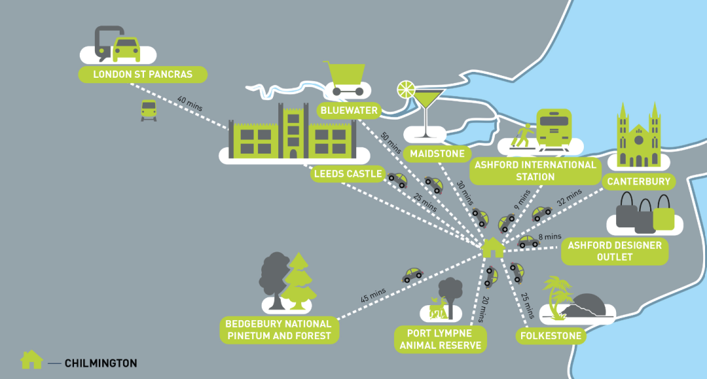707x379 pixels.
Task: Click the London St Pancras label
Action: [x=143, y=74]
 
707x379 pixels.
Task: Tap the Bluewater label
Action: [x=349, y=110]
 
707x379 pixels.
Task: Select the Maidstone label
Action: [x=437, y=154]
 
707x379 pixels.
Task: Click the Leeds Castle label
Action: [x=348, y=174]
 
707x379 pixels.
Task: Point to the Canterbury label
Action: [x=637, y=181]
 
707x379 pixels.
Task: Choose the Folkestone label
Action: [x=550, y=337]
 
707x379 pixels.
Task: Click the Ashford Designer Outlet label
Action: [x=615, y=252]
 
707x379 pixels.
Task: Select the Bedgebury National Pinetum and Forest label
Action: [x=279, y=330]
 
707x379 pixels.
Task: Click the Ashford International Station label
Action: [x=535, y=171]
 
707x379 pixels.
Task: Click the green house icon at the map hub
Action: [x=492, y=247]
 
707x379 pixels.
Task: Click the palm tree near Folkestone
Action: [x=556, y=297]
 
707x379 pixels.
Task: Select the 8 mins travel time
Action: [x=549, y=236]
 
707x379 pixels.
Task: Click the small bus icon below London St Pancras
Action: [x=149, y=110]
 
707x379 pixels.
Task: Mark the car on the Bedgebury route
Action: [x=412, y=275]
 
